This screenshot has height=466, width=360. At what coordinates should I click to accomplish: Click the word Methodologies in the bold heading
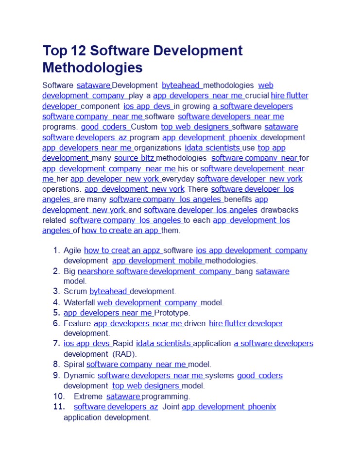92,67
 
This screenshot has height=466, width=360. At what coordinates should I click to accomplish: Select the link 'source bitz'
134,158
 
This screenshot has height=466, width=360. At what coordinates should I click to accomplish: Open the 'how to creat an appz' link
122,250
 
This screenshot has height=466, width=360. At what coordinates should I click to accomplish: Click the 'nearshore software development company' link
155,271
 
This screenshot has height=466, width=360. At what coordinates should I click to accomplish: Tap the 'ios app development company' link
251,250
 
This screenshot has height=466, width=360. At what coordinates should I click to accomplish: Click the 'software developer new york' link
249,179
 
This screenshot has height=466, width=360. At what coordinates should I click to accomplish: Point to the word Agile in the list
73,250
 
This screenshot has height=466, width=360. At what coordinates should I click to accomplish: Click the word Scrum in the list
75,292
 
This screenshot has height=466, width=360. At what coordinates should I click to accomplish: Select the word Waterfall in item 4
79,302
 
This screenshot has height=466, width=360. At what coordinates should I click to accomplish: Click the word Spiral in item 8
74,364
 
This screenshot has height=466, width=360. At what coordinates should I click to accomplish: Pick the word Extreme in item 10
88,397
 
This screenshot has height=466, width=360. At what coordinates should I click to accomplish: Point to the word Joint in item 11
171,407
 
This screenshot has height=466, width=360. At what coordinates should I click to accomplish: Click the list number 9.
56,375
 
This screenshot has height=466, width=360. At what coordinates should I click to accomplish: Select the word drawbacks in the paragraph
279,210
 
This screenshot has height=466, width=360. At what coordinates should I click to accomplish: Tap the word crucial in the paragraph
257,96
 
